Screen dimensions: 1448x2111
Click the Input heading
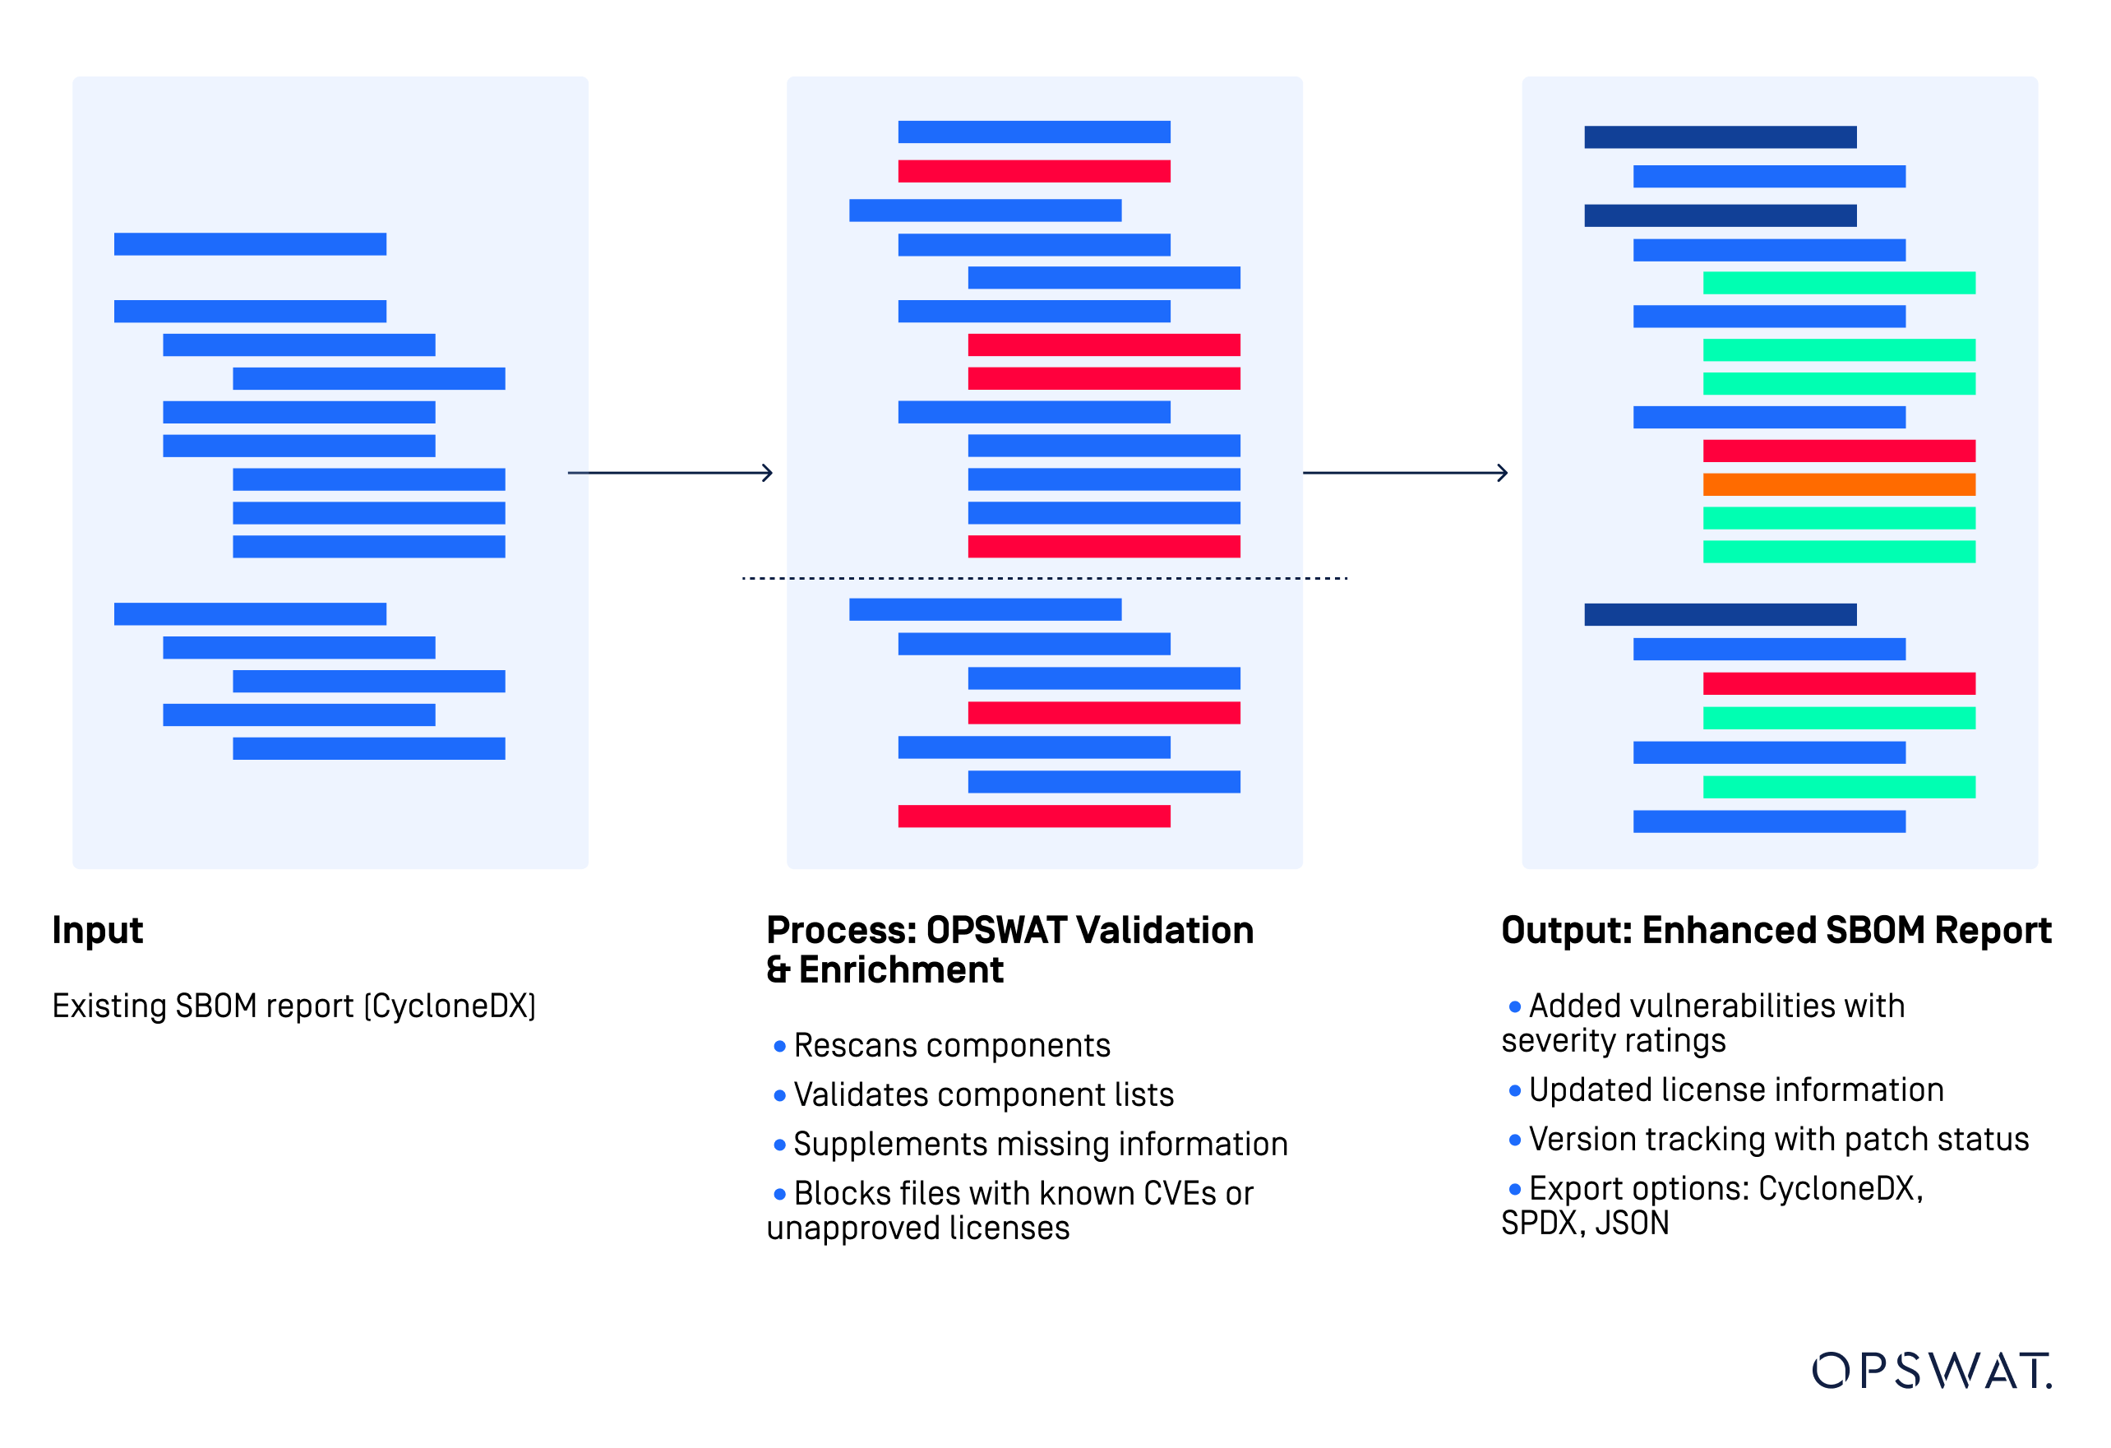pos(97,930)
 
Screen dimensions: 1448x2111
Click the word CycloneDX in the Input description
pos(450,1006)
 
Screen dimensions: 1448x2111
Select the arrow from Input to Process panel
pos(669,472)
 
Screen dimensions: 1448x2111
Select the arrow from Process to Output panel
pos(1404,472)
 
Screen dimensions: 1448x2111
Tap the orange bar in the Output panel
pos(1839,484)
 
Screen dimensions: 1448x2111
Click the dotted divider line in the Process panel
pos(1045,578)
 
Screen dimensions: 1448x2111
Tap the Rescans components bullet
pos(951,1046)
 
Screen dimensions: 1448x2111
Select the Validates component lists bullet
pos(983,1094)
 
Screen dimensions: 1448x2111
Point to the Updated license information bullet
pos(1735,1089)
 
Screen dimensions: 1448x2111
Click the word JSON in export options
pos(1633,1223)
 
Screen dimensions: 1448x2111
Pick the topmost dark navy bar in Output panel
pos(1720,137)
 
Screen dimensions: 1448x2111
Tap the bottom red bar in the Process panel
pos(1033,816)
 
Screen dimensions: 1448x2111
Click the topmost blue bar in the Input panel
pos(250,243)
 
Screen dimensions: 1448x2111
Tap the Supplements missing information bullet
pos(1040,1144)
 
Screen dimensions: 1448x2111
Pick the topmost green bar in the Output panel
pos(1839,283)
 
